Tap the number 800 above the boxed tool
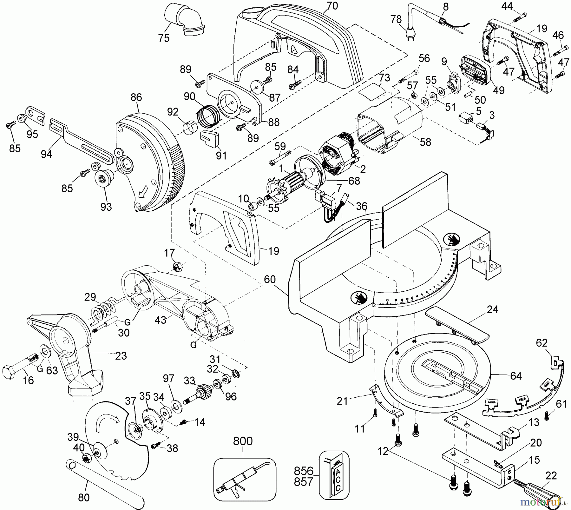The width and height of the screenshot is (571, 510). [x=243, y=441]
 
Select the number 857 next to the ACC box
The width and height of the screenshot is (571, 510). [x=304, y=482]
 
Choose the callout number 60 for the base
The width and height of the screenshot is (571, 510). [x=270, y=280]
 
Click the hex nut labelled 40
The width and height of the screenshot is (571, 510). [x=87, y=458]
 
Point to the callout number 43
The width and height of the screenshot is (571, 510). [x=160, y=320]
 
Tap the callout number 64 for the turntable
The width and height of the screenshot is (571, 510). [x=516, y=376]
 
